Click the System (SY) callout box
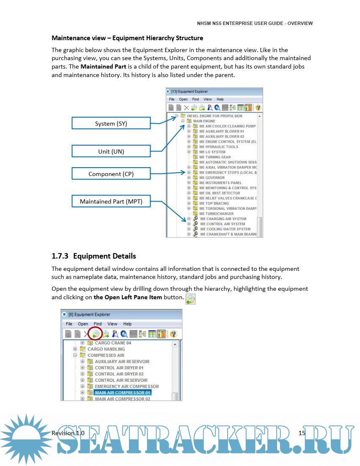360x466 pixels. point(111,124)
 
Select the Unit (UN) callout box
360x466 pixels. point(111,151)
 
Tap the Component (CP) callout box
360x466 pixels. point(111,174)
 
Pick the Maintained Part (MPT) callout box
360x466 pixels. point(111,201)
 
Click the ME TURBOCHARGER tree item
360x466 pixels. point(216,214)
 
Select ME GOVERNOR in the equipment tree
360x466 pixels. point(212,178)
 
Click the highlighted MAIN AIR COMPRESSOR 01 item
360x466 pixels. point(122,392)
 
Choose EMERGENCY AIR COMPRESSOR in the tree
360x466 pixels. point(126,386)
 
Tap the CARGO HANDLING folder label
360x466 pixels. point(106,349)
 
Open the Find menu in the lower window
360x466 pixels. point(98,324)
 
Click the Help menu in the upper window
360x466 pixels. point(220,99)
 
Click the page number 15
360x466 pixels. point(302,433)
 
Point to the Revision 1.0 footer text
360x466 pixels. point(68,433)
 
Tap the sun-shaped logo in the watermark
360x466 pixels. point(26,438)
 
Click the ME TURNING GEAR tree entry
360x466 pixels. point(215,157)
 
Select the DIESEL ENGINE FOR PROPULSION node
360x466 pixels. point(214,116)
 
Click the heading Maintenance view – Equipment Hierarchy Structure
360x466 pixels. point(127,38)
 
